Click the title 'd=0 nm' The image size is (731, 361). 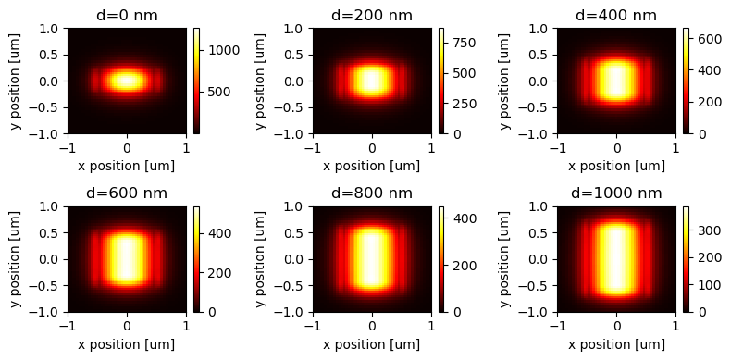click(x=127, y=15)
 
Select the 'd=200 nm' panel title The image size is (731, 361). click(x=372, y=15)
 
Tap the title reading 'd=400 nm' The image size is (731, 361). click(x=616, y=15)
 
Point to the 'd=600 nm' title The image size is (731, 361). click(x=127, y=193)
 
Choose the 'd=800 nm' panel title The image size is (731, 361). click(x=372, y=193)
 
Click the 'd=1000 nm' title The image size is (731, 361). click(x=616, y=193)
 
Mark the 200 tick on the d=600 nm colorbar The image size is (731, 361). click(x=217, y=273)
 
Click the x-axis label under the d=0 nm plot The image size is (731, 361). click(x=127, y=166)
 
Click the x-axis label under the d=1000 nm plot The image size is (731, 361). click(x=616, y=344)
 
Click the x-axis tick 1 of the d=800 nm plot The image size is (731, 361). click(x=431, y=325)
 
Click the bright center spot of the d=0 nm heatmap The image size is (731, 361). click(x=127, y=81)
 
